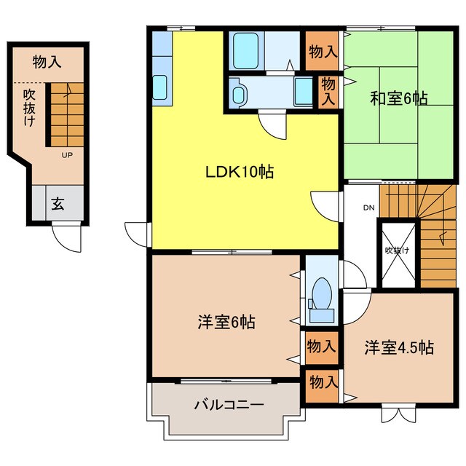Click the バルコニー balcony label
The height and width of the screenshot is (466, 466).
(228, 406)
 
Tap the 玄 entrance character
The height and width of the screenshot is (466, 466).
(58, 203)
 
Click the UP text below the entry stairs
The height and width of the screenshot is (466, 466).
(66, 155)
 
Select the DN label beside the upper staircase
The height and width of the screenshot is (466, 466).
(368, 208)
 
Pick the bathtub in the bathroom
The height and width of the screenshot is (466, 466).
(246, 50)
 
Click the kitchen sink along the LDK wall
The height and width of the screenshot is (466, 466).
(161, 88)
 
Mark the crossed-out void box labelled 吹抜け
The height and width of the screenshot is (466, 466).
(398, 250)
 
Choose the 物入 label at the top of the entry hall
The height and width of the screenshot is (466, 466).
(47, 63)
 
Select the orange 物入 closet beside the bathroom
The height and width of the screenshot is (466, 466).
(321, 51)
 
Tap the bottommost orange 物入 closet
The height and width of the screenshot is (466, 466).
(321, 381)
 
